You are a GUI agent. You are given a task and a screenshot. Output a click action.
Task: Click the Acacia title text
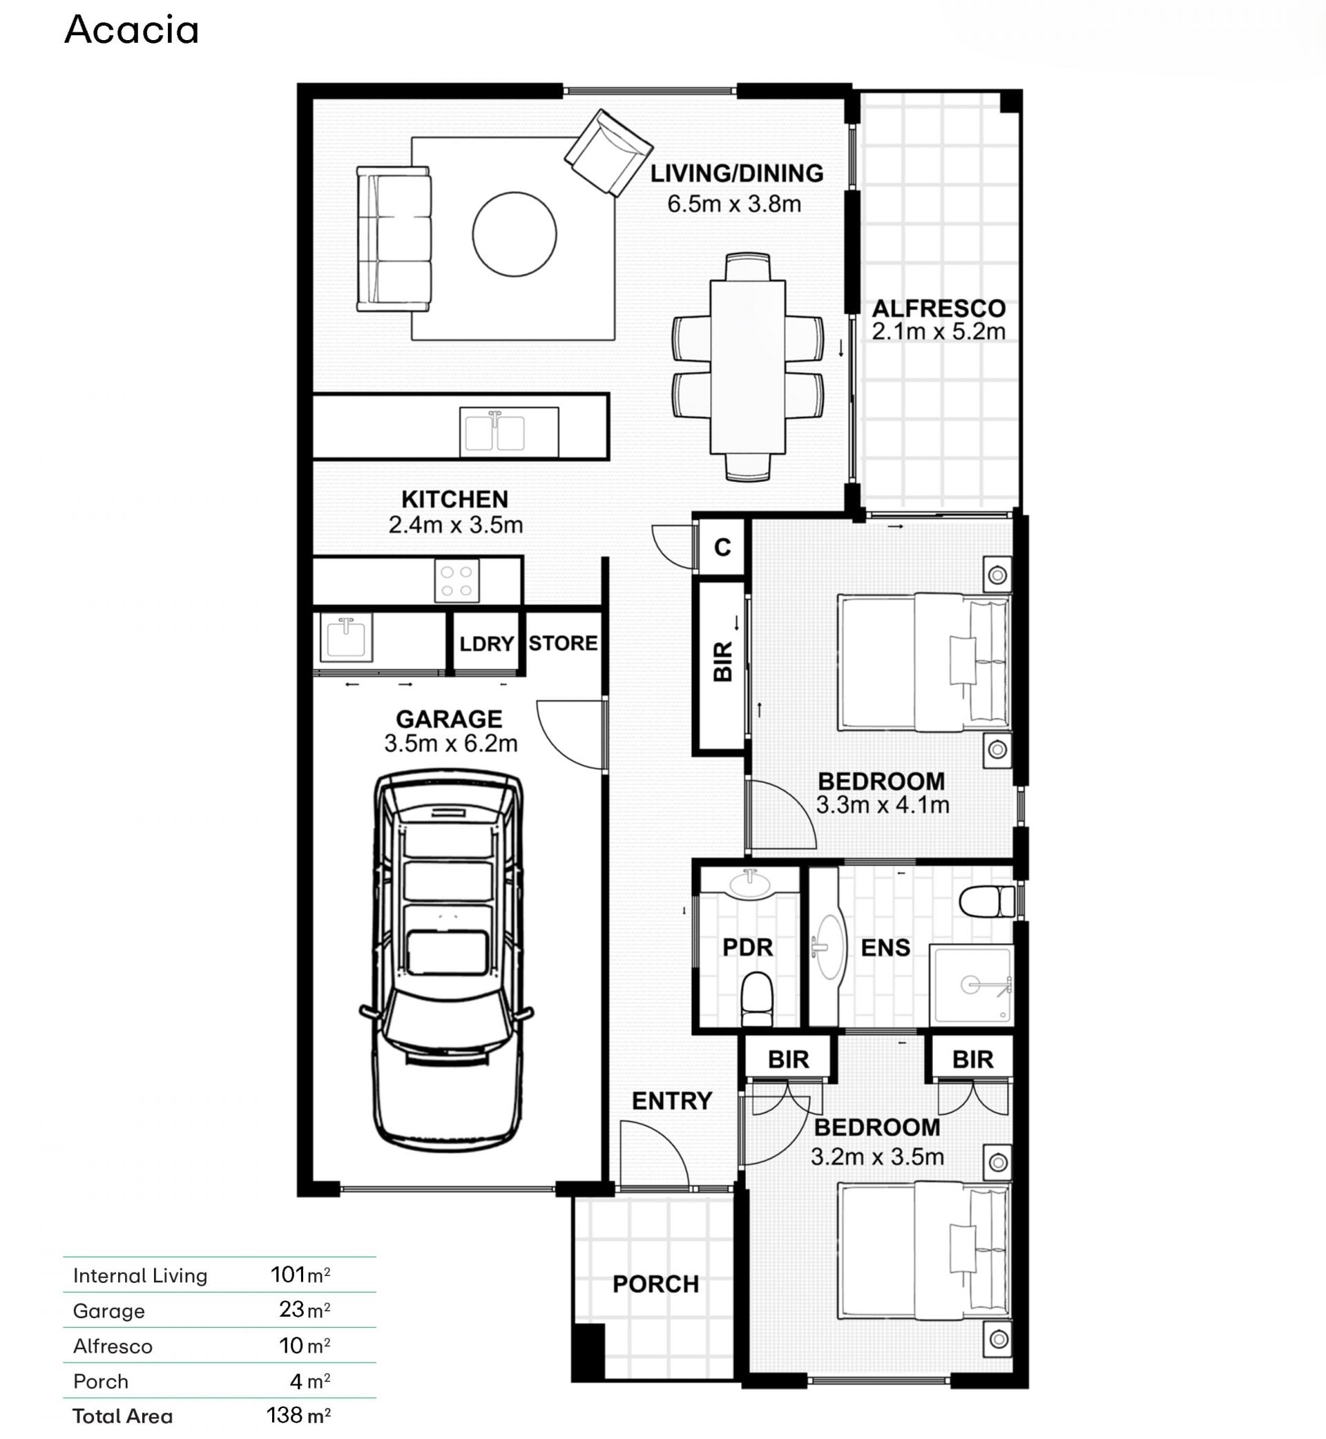(131, 30)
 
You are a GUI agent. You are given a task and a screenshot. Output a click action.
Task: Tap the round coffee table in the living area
(515, 234)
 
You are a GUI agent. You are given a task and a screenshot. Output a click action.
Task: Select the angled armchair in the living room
(608, 153)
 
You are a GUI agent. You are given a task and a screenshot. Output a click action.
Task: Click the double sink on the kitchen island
(510, 432)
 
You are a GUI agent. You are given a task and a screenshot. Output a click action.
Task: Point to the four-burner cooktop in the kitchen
(457, 581)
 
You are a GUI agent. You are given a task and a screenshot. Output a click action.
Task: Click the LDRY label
(486, 644)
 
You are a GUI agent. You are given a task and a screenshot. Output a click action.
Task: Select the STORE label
(564, 644)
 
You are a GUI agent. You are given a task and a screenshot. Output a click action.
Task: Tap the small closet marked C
(722, 548)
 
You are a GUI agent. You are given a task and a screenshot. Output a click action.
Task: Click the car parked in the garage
(447, 960)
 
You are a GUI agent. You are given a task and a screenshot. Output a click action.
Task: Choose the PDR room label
(748, 947)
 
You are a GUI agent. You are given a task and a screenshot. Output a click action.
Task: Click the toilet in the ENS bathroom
(988, 902)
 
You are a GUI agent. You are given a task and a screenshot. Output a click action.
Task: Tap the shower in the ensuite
(972, 985)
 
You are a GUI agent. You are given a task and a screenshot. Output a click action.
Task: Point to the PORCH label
(656, 1284)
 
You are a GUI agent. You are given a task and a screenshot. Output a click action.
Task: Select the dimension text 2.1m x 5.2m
(939, 331)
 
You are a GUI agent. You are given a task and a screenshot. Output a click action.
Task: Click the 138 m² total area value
(298, 1416)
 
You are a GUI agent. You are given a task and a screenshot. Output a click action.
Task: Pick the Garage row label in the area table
(109, 1311)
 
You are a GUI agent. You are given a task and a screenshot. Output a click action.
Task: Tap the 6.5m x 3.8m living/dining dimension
(734, 204)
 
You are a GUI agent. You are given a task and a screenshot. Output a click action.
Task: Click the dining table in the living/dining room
(748, 367)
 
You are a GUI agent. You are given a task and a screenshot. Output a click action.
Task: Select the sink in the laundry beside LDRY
(346, 637)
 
